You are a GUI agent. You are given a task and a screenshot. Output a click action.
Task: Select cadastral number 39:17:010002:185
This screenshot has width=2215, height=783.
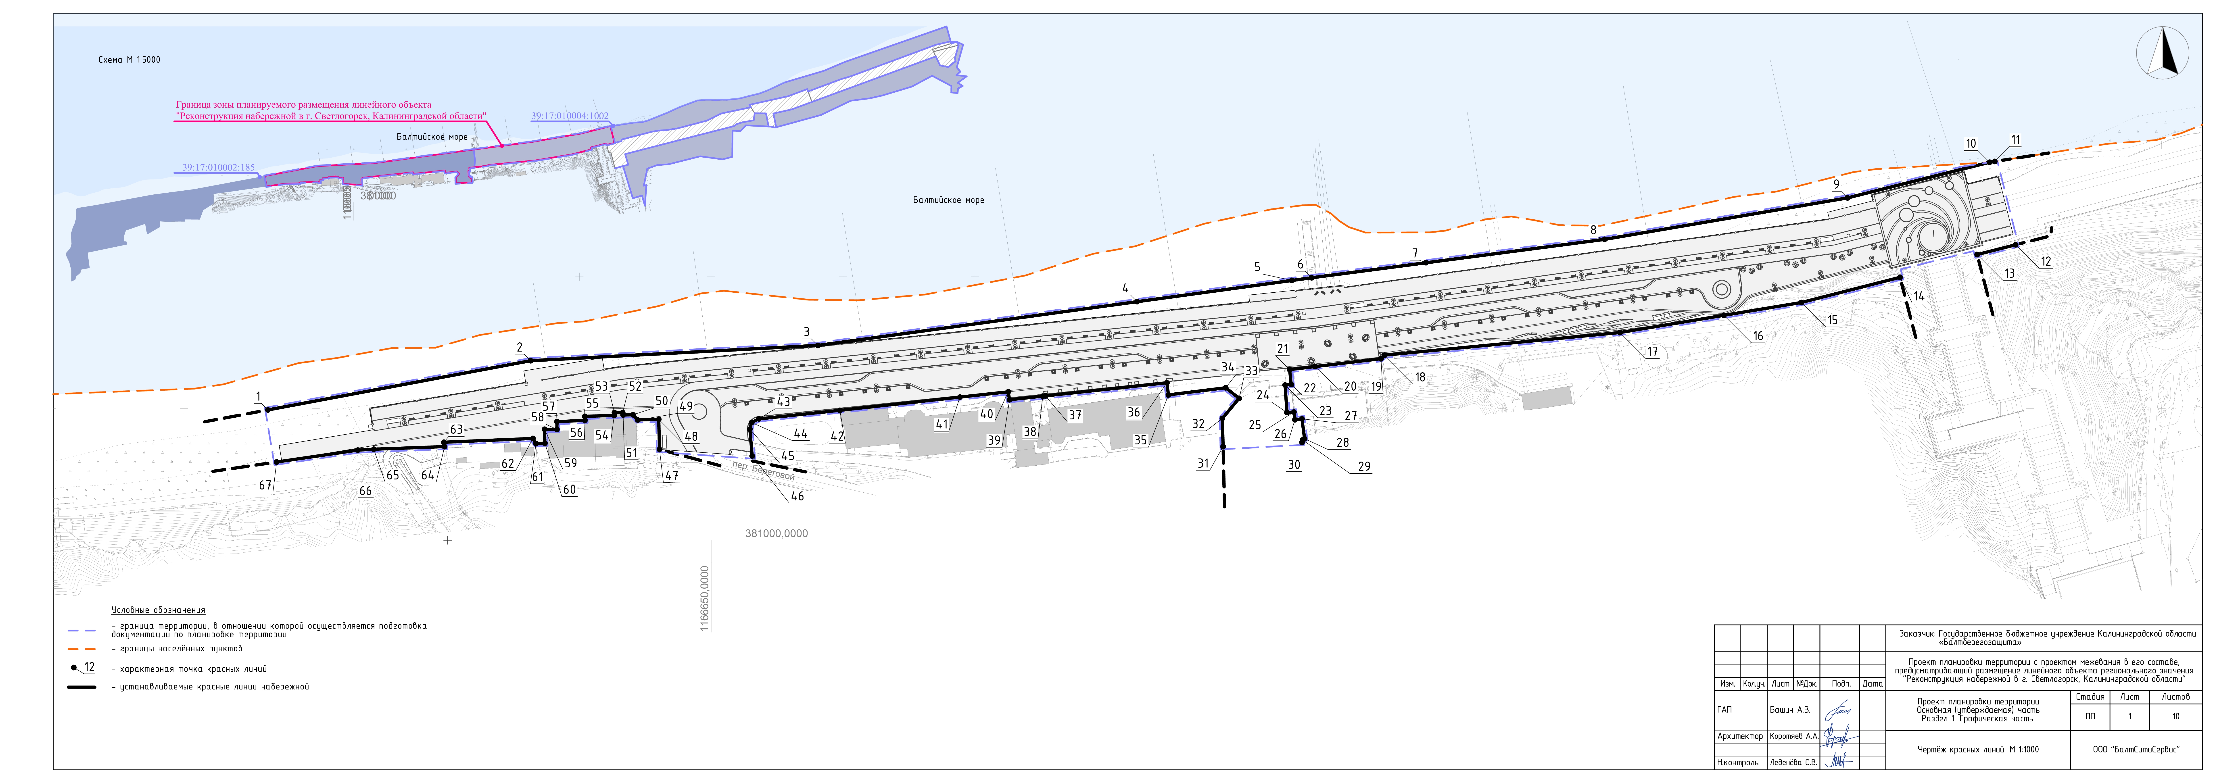[x=218, y=168]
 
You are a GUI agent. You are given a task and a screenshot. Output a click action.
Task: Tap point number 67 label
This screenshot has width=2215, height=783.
[x=265, y=486]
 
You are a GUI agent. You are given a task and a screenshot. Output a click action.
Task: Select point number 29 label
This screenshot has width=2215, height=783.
[x=1364, y=467]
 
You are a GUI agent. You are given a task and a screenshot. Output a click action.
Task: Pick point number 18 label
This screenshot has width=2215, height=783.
[x=1420, y=377]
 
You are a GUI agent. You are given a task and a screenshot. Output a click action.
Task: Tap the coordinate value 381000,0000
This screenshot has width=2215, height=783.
[x=776, y=534]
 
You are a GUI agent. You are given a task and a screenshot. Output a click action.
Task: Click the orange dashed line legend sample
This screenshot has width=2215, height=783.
[x=82, y=649]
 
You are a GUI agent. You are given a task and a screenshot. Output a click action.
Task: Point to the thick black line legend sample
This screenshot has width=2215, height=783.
[x=82, y=687]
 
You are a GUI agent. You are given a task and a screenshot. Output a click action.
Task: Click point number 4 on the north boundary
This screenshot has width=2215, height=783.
[x=1125, y=289]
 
